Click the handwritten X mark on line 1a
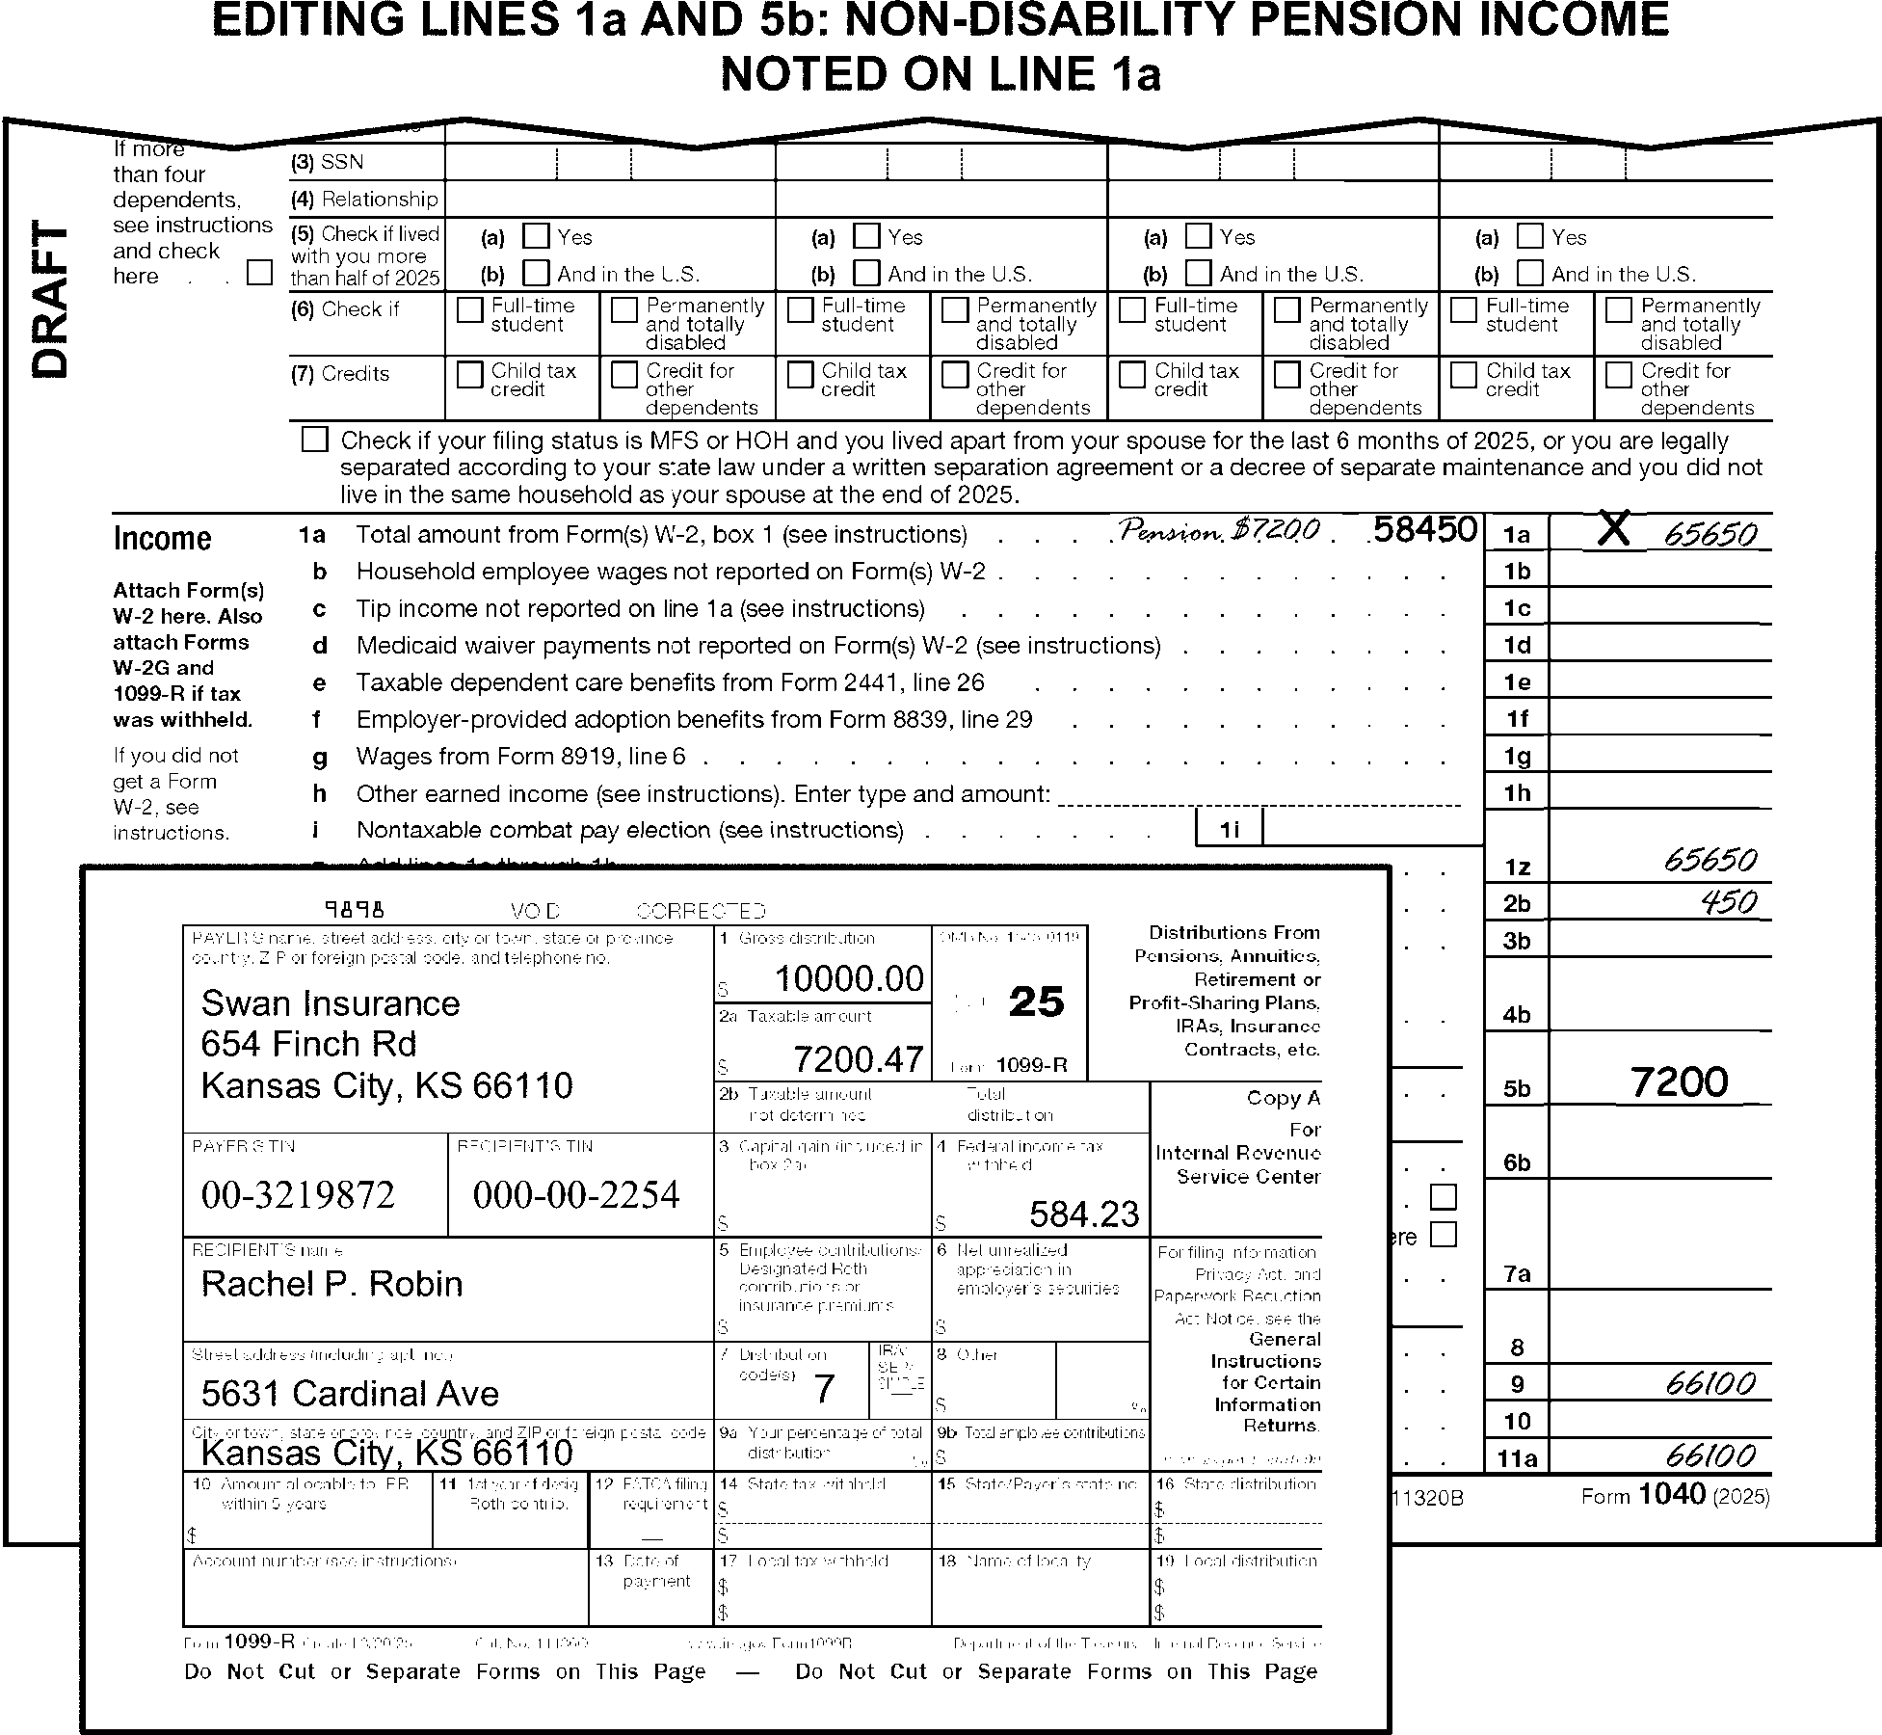pos(1615,529)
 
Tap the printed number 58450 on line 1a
pos(1425,530)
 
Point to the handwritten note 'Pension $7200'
pos(1219,531)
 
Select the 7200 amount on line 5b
pos(1680,1083)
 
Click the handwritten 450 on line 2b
pos(1729,902)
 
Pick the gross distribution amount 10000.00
pos(849,979)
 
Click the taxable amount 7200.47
pos(859,1059)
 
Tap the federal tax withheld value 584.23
pos(1084,1214)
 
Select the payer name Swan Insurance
pos(331,1003)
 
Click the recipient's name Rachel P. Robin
pos(331,1284)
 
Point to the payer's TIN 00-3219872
pos(298,1195)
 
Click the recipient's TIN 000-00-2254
pos(576,1195)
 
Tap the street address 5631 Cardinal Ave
pos(350,1394)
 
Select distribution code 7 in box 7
pos(824,1389)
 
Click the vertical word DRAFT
pos(51,300)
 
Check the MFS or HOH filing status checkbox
pos(315,440)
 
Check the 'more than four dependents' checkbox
pos(259,273)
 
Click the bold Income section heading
pos(162,538)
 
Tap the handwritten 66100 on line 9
pos(1710,1384)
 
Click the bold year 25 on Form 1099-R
pos(1036,1002)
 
